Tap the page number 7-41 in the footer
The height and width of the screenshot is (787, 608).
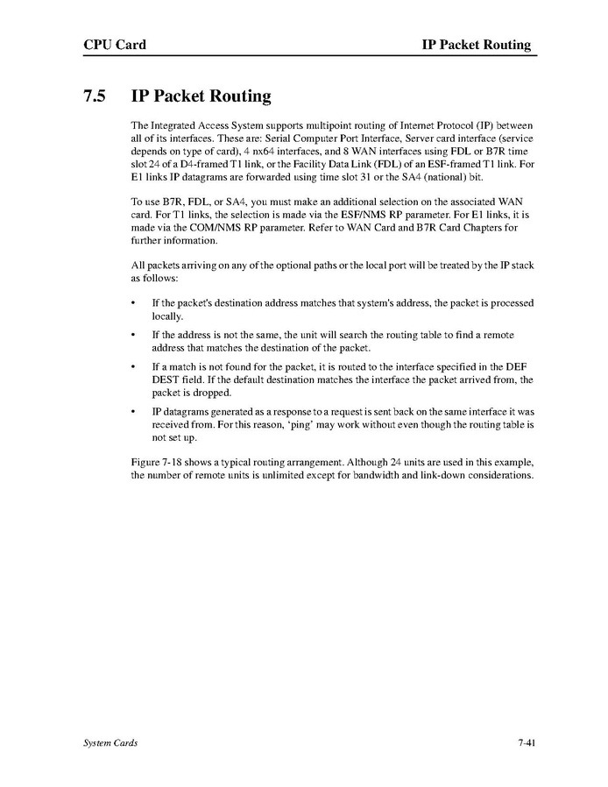click(526, 743)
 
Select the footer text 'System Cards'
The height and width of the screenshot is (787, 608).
click(110, 743)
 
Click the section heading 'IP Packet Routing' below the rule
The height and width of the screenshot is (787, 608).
click(201, 96)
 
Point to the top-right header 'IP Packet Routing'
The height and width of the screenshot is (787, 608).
click(476, 45)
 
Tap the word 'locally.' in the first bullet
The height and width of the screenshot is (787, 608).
click(168, 316)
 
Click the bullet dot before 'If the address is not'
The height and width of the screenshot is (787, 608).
click(132, 336)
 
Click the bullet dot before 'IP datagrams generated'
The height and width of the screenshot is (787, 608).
click(132, 411)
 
